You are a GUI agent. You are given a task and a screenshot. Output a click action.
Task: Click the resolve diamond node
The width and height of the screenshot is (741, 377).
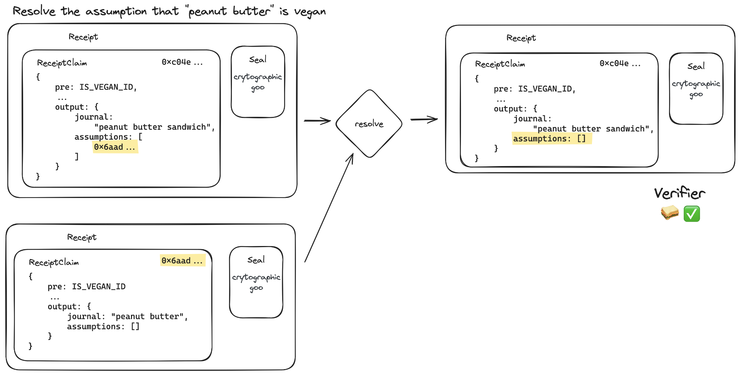click(x=369, y=124)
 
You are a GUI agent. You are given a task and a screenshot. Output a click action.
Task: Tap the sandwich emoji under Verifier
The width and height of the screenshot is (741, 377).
click(x=670, y=213)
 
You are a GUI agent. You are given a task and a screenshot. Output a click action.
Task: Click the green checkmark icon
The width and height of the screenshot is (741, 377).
click(x=692, y=213)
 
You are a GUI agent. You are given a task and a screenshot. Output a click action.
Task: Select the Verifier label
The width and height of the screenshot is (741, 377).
click(x=679, y=193)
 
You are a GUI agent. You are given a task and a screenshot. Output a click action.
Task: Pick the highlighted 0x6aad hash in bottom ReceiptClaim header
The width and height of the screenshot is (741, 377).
click(x=182, y=260)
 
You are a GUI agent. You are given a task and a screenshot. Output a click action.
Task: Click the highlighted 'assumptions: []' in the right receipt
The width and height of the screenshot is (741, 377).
click(x=551, y=139)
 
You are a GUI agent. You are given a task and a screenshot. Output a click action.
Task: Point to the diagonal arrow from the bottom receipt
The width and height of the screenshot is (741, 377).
click(x=329, y=208)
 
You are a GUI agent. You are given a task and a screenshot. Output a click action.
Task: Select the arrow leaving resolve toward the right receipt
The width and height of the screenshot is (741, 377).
click(x=424, y=119)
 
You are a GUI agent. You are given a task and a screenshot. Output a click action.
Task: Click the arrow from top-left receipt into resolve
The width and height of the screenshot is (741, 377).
click(x=317, y=120)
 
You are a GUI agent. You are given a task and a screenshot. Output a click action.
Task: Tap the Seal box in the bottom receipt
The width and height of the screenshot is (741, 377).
click(x=256, y=282)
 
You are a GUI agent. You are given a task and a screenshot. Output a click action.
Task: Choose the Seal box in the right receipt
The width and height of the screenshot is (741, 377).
click(x=696, y=89)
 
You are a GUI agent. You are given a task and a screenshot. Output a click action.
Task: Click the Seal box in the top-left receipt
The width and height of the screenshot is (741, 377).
click(x=258, y=82)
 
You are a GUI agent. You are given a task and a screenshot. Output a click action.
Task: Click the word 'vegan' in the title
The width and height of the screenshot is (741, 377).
click(x=310, y=12)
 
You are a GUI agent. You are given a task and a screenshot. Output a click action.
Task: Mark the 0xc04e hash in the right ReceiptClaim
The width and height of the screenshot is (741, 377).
click(x=619, y=64)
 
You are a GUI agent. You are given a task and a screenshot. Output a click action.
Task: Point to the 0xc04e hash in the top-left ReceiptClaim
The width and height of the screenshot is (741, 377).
click(x=182, y=62)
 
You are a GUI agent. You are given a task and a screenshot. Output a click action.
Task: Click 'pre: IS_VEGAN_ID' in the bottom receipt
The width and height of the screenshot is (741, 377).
click(x=86, y=287)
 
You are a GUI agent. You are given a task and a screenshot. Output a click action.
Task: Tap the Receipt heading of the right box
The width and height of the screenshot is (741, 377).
click(x=521, y=38)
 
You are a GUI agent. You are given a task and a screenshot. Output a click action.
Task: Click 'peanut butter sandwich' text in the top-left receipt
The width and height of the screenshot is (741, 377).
click(x=154, y=127)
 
